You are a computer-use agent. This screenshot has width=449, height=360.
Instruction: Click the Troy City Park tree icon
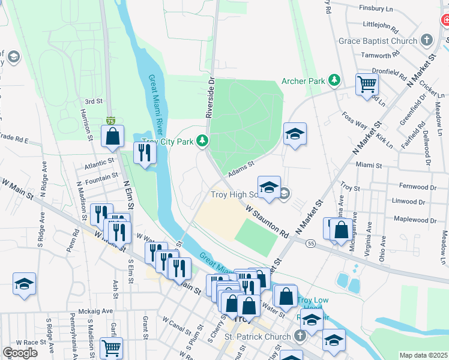tap(203, 141)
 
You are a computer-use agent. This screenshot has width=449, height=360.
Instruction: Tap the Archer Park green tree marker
tap(334, 80)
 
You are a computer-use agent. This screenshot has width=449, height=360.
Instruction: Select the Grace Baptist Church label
tap(378, 41)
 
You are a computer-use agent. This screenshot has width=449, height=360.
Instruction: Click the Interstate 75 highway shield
tap(110, 121)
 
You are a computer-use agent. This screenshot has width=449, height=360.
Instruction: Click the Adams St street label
tap(242, 169)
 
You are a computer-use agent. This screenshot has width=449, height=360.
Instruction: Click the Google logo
tap(20, 352)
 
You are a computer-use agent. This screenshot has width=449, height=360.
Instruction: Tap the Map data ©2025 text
tap(423, 355)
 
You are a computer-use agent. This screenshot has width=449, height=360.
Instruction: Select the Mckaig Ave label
tap(96, 312)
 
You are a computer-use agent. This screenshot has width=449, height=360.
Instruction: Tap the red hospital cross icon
tap(444, 20)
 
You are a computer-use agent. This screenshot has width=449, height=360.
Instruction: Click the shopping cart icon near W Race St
tap(110, 347)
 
